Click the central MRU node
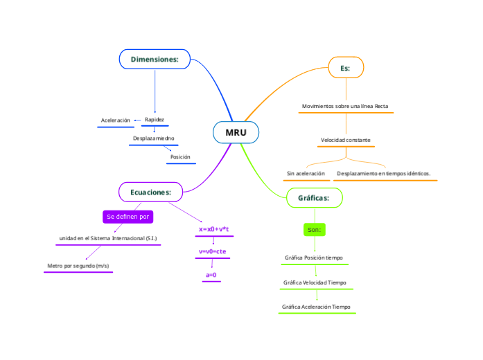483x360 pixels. click(236, 132)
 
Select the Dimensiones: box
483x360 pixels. click(155, 60)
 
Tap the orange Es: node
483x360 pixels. click(345, 68)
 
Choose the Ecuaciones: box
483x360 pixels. click(150, 192)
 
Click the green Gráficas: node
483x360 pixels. click(314, 198)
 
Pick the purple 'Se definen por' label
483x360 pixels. click(128, 217)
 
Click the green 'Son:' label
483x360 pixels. click(314, 229)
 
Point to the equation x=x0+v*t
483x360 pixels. click(213, 229)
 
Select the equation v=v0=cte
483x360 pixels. click(212, 251)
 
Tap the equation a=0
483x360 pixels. click(211, 275)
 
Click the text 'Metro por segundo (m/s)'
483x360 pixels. click(78, 266)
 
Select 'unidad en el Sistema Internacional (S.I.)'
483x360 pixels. click(107, 238)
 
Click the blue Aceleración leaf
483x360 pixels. click(115, 120)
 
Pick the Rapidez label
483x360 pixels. click(155, 120)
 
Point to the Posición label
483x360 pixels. click(180, 157)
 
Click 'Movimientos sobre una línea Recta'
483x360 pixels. click(345, 107)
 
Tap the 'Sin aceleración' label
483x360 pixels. click(306, 173)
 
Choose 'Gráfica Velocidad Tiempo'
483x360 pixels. click(315, 282)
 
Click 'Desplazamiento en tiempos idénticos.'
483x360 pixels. click(384, 173)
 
